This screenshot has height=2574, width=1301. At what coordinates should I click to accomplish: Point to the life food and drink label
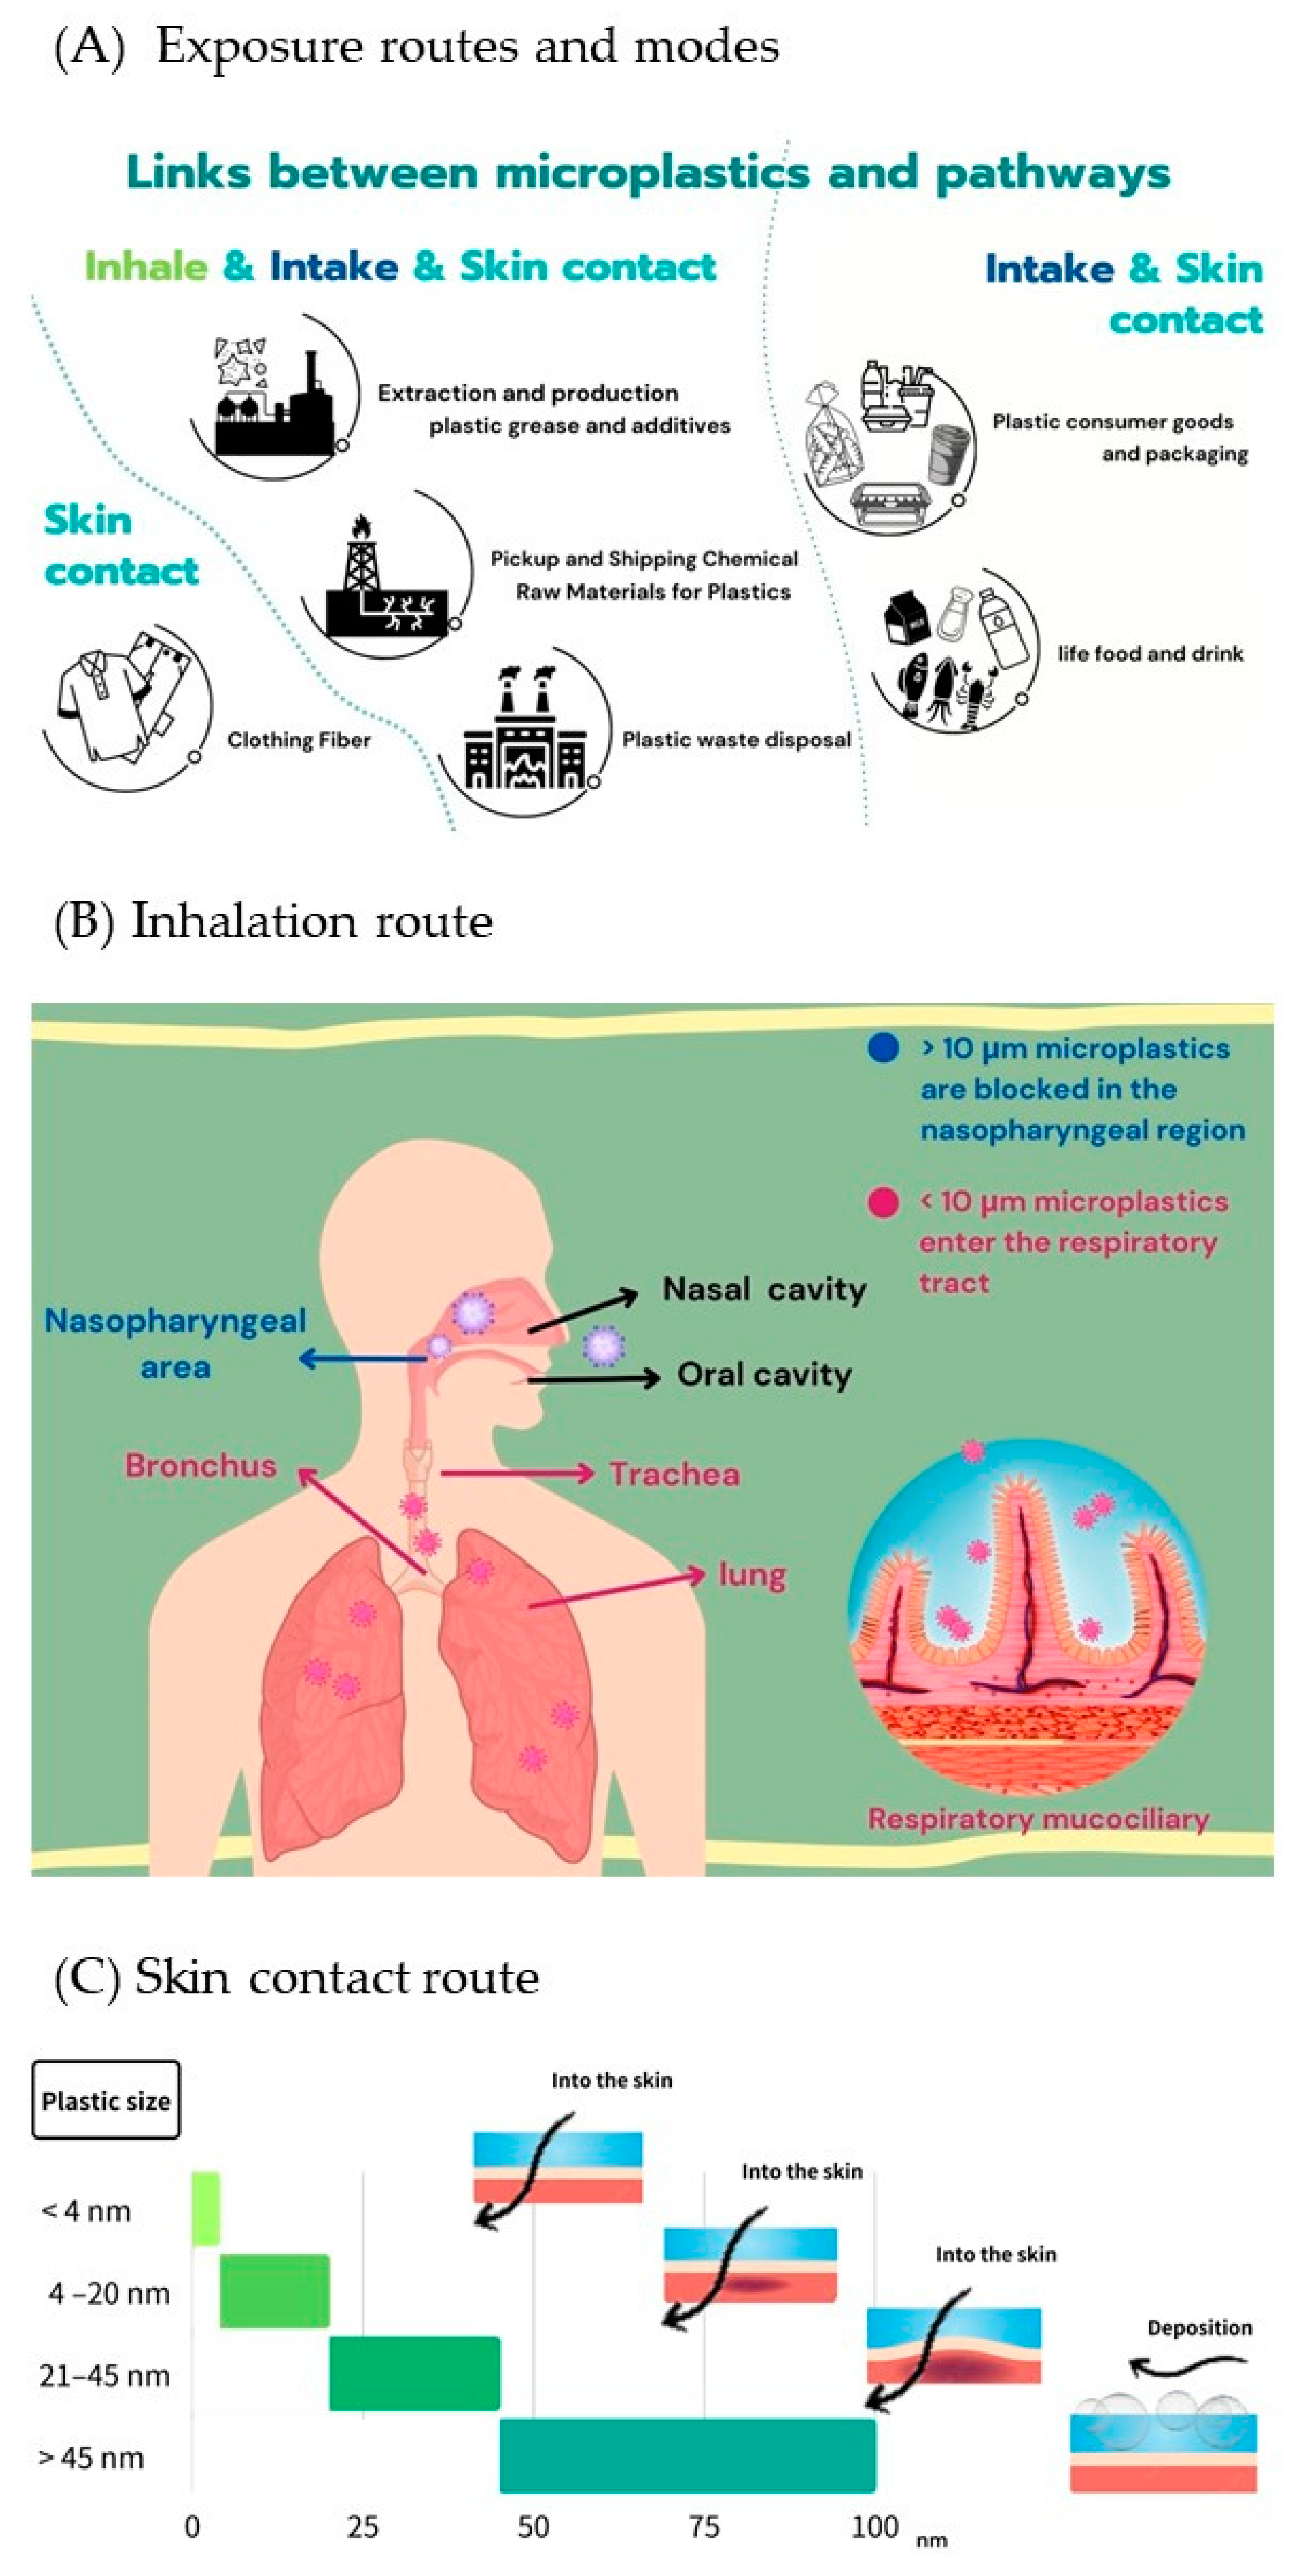click(x=1150, y=654)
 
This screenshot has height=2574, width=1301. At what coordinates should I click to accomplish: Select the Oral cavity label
click(x=764, y=1375)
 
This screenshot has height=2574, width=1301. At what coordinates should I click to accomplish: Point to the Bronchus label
click(x=201, y=1466)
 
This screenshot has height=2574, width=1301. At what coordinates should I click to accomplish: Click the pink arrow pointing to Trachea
click(x=518, y=1473)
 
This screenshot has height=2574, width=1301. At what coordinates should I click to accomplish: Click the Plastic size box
click(x=106, y=2100)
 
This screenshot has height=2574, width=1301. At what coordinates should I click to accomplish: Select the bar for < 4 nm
click(x=206, y=2209)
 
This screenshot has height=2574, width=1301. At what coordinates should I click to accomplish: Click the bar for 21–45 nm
click(x=415, y=2373)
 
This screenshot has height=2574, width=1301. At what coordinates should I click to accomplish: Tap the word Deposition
click(x=1199, y=2327)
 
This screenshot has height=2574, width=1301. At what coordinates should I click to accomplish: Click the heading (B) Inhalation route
click(x=273, y=921)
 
